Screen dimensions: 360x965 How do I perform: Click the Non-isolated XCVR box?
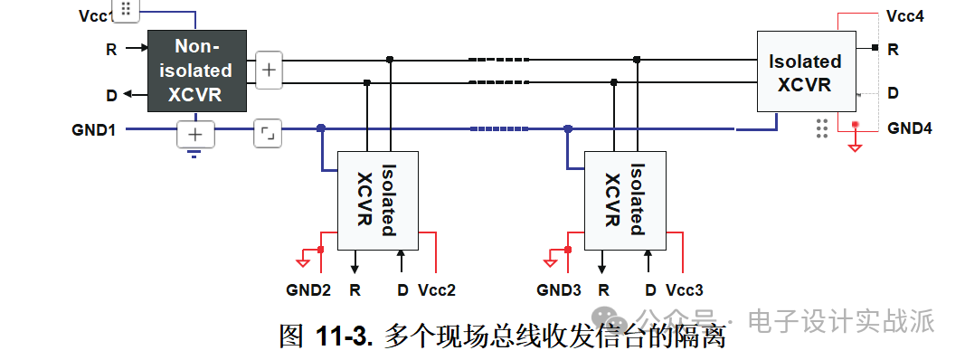[x=196, y=71]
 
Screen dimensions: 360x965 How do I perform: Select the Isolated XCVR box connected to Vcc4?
[x=805, y=73]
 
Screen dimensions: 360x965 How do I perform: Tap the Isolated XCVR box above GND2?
[x=377, y=200]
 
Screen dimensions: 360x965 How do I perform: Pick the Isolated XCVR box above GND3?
[x=625, y=200]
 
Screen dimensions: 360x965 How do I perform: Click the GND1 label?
[x=93, y=129]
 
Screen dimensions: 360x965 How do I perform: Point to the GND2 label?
[x=308, y=290]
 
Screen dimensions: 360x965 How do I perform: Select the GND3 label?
[x=558, y=290]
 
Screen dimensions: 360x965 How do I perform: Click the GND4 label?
[x=909, y=128]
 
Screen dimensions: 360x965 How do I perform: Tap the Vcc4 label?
[x=905, y=16]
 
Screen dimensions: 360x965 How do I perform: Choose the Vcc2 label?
[x=437, y=290]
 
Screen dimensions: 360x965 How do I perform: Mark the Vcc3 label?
[x=685, y=290]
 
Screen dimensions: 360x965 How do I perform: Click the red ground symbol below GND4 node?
[x=855, y=145]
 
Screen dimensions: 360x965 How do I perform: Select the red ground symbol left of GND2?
[x=302, y=262]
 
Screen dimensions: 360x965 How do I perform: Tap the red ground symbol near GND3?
[x=550, y=262]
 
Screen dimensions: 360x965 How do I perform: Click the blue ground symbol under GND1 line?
[x=194, y=153]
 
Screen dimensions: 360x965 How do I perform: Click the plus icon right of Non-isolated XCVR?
[x=269, y=70]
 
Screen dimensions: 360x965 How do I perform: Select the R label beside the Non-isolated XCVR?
[x=111, y=50]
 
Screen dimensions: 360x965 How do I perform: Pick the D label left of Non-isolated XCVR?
[x=111, y=94]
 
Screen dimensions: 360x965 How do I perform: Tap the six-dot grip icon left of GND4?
[x=821, y=128]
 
